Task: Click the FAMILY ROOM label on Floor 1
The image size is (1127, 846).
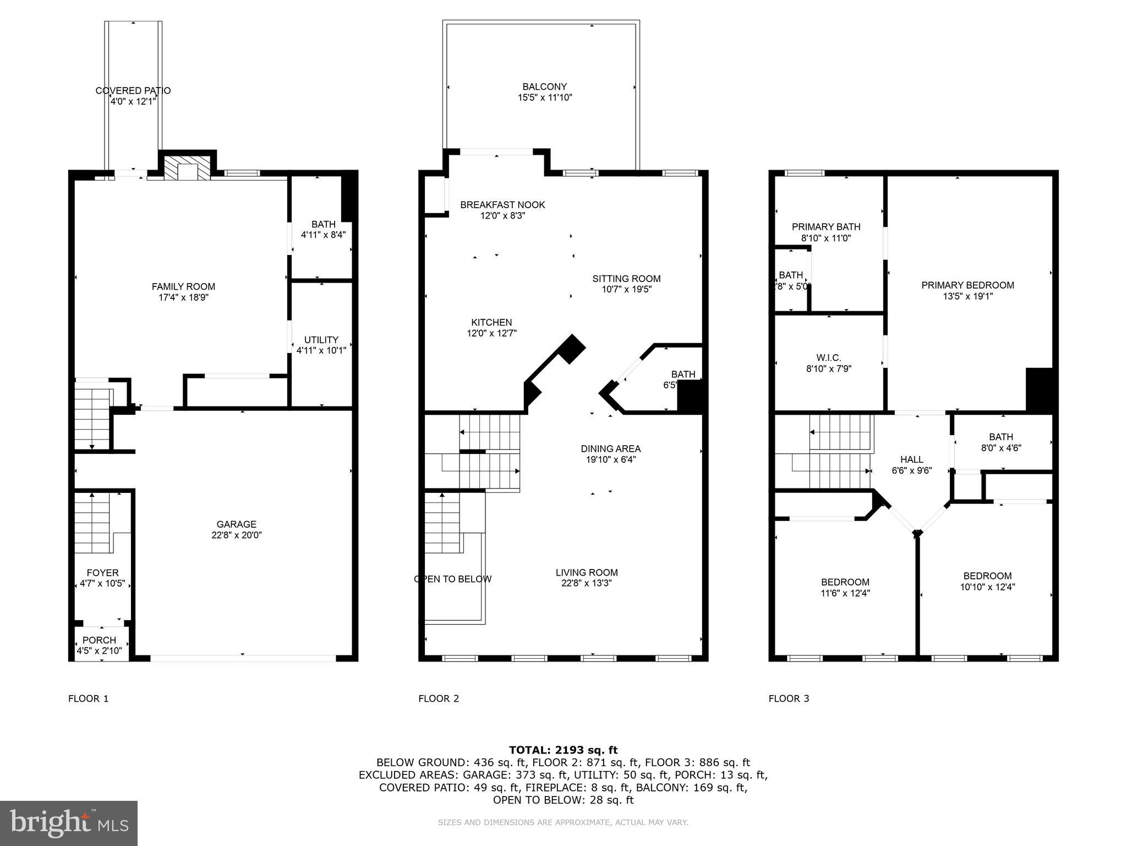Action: tap(183, 286)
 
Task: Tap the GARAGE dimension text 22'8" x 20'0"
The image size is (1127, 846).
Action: tap(236, 535)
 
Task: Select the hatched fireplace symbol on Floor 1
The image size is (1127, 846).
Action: tap(188, 167)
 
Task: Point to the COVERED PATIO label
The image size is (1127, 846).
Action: tap(133, 91)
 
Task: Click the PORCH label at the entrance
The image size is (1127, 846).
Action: tap(99, 640)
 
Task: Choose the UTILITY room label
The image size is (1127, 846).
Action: tap(321, 340)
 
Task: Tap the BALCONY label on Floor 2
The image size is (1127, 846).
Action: tap(544, 86)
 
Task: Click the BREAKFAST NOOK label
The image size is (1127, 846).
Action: tap(502, 205)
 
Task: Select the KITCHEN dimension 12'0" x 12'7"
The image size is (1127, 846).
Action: tap(491, 333)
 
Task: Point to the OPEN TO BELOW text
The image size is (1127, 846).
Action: tap(453, 579)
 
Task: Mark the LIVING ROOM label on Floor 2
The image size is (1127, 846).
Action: tap(587, 572)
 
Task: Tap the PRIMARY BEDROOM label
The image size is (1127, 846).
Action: tap(967, 285)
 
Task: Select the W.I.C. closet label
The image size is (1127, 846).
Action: tap(829, 358)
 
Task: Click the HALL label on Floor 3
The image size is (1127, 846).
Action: tap(912, 459)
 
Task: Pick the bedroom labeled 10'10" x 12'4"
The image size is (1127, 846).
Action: tap(987, 582)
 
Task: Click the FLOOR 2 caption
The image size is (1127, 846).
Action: tap(439, 698)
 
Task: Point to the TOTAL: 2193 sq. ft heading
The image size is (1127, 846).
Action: tap(563, 750)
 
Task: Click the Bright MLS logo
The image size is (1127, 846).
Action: tap(69, 823)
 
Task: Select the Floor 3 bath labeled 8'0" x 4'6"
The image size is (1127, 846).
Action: tap(1000, 442)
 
